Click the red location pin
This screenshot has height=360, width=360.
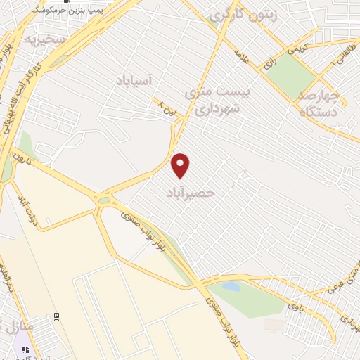click(x=181, y=166)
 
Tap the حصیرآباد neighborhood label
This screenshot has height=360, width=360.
click(x=189, y=192)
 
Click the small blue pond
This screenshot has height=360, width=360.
click(x=231, y=286)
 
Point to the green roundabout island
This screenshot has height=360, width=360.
click(x=104, y=200)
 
